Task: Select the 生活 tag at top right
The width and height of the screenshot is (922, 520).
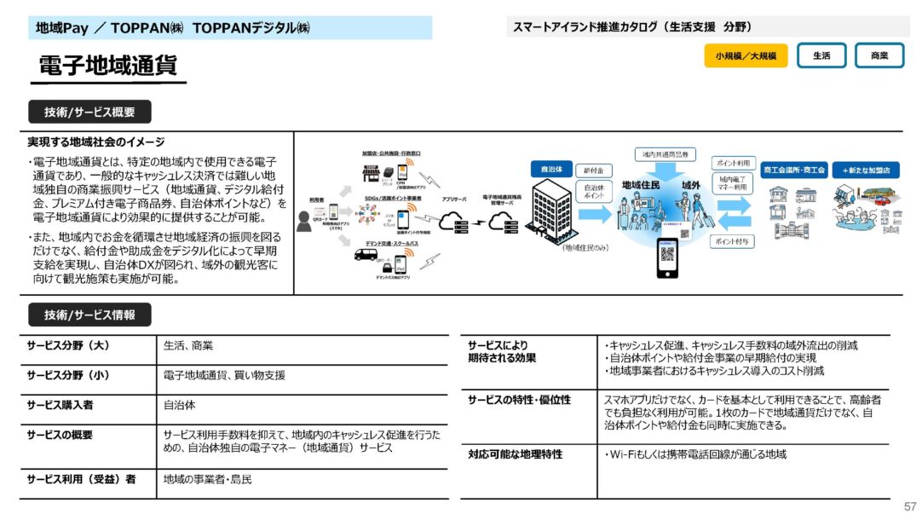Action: (x=821, y=56)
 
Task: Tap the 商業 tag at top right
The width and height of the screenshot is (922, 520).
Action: (x=879, y=56)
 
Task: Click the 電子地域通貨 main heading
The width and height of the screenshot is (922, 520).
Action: (x=107, y=66)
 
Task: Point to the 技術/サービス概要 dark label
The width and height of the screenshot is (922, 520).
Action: (x=89, y=113)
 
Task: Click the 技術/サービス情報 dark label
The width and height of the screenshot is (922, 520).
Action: (x=89, y=315)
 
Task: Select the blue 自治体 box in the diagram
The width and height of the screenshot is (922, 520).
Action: (x=546, y=170)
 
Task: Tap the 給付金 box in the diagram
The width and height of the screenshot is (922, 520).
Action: (x=593, y=170)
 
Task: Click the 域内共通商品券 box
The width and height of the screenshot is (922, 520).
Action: (x=666, y=154)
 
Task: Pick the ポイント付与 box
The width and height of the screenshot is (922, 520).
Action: (x=733, y=242)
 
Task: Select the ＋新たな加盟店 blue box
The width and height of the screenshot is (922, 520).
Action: (x=866, y=170)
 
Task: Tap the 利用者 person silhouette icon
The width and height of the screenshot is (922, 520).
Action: (x=305, y=221)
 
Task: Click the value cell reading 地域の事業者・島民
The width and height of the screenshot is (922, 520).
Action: (x=208, y=480)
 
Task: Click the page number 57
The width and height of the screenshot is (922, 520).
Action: (x=910, y=506)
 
